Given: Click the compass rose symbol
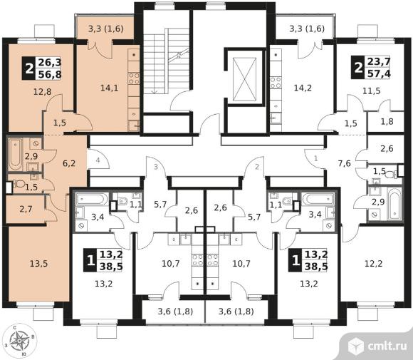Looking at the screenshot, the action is click(x=19, y=341).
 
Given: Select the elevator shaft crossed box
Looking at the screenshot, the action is click(x=245, y=79).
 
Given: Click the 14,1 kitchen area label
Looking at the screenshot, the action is click(x=110, y=88).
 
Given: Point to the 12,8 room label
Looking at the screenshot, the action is click(x=43, y=91).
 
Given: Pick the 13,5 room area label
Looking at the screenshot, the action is click(x=38, y=263).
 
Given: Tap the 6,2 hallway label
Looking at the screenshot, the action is click(x=69, y=163).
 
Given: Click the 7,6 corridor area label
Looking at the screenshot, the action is click(x=345, y=163).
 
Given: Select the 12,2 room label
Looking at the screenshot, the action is click(x=374, y=263).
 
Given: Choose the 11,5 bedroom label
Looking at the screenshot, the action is click(x=372, y=91).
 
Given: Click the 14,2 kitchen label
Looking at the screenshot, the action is click(x=303, y=88).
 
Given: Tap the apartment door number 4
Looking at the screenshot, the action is click(x=98, y=160).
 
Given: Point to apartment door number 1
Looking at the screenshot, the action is click(x=316, y=158).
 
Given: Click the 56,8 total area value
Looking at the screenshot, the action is click(x=50, y=74).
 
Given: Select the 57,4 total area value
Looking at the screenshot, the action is click(x=379, y=73).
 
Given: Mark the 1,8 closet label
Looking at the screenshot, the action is click(x=387, y=121).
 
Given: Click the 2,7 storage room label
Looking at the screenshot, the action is click(x=26, y=209).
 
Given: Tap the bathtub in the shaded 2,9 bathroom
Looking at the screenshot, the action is click(x=15, y=155).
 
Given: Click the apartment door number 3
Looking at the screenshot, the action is click(x=156, y=167).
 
